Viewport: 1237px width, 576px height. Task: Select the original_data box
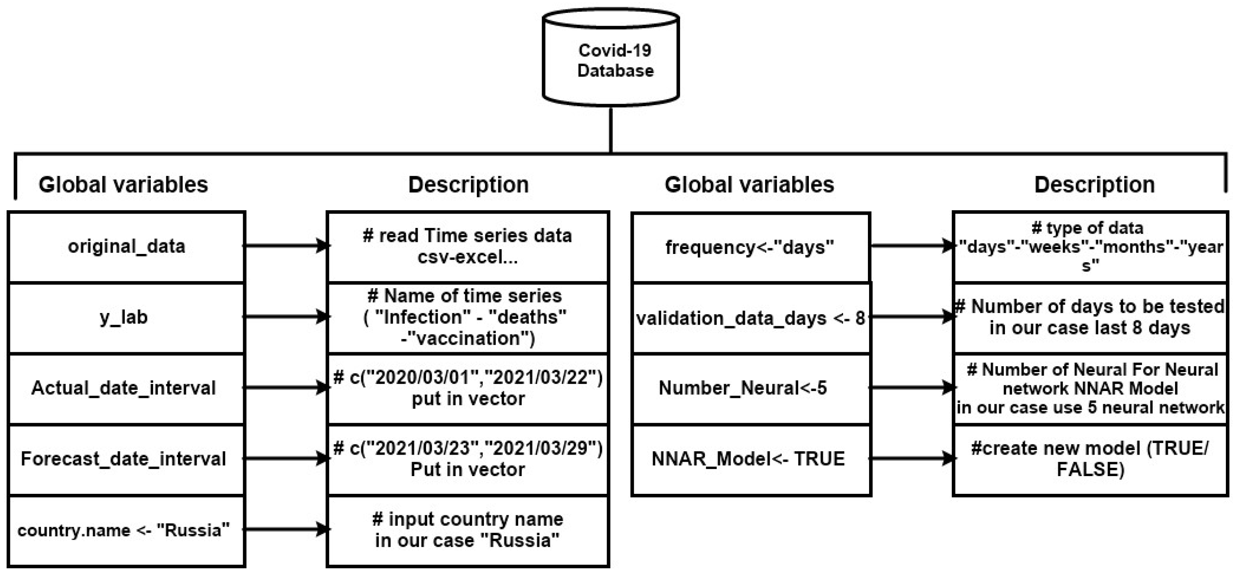pyautogui.click(x=126, y=247)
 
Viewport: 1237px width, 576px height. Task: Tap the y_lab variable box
pyautogui.click(x=126, y=317)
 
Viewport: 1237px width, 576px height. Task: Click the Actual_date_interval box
pyautogui.click(x=126, y=388)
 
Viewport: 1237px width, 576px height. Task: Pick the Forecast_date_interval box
pyautogui.click(x=126, y=459)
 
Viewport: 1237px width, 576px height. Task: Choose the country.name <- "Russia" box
pyautogui.click(x=126, y=530)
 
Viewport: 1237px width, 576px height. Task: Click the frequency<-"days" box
pyautogui.click(x=751, y=247)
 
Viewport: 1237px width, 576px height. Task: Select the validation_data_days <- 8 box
pyautogui.click(x=751, y=318)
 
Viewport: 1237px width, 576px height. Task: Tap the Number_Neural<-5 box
pyautogui.click(x=751, y=388)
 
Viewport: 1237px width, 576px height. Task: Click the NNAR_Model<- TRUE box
pyautogui.click(x=751, y=459)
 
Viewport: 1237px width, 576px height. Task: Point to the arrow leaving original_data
pyautogui.click(x=286, y=246)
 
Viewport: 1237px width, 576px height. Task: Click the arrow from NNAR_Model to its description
pyautogui.click(x=911, y=458)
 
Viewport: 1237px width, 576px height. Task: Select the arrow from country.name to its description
pyautogui.click(x=286, y=529)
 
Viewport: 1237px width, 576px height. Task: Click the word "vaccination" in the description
pyautogui.click(x=467, y=339)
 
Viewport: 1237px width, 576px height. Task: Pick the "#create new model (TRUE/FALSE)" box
pyautogui.click(x=1090, y=459)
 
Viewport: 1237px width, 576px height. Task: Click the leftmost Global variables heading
pyautogui.click(x=123, y=185)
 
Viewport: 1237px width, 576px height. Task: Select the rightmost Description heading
pyautogui.click(x=1095, y=185)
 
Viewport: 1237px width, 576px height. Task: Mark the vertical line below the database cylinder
pyautogui.click(x=610, y=130)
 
